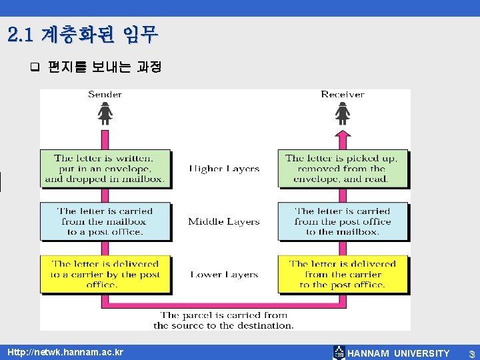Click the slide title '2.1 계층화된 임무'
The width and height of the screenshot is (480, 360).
click(83, 33)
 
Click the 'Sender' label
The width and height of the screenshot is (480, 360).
click(105, 95)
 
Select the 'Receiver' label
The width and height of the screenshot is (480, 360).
click(342, 95)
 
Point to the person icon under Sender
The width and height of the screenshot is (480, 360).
click(105, 116)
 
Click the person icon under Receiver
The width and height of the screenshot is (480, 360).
click(342, 116)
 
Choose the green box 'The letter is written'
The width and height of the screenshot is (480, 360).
click(104, 169)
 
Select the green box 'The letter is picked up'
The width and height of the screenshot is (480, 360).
click(341, 169)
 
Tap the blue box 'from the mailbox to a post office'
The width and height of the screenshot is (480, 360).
click(104, 221)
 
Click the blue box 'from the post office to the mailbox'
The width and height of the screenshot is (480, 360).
click(341, 221)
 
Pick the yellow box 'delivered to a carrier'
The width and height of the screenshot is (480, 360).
click(104, 274)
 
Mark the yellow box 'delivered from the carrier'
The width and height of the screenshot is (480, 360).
click(341, 274)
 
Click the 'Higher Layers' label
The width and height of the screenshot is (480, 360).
click(223, 169)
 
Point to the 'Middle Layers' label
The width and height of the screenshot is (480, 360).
click(223, 221)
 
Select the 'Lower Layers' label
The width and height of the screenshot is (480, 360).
click(223, 275)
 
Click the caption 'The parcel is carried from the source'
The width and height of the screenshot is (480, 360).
click(223, 320)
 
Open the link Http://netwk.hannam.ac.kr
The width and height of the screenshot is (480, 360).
click(65, 352)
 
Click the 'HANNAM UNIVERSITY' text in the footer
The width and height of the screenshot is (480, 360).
click(399, 353)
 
